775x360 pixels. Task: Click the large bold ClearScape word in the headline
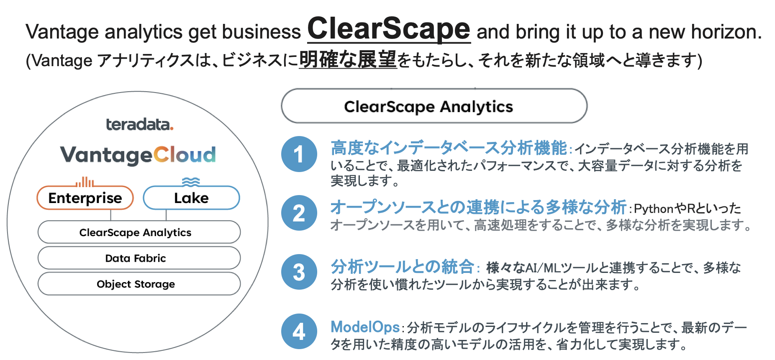pos(389,29)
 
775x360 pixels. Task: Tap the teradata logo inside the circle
pos(139,124)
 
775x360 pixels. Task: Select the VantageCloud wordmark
pos(138,155)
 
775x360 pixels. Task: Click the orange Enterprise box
pos(85,198)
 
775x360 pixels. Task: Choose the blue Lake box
pos(191,198)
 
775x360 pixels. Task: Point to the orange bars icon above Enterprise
pos(85,182)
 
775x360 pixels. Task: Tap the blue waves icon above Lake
pos(191,182)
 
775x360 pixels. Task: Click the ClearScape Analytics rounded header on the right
pos(434,106)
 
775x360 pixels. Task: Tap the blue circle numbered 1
pos(299,154)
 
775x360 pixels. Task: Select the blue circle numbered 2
pos(299,213)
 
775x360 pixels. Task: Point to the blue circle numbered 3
pos(299,272)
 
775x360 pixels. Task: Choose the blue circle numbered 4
pos(299,332)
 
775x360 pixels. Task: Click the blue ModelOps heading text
pos(365,327)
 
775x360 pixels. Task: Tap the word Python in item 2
pos(653,208)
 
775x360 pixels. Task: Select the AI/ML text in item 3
pos(542,268)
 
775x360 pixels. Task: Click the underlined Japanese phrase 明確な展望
pos(348,60)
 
